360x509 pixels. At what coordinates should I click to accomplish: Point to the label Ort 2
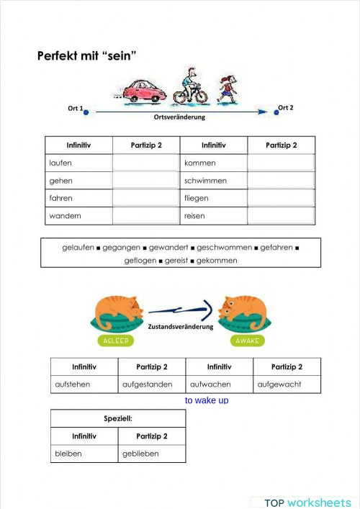point(286,108)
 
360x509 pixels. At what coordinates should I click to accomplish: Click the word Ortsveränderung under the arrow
point(179,117)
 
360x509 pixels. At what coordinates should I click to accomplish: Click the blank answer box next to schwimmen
point(281,181)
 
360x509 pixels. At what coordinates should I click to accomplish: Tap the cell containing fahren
point(78,198)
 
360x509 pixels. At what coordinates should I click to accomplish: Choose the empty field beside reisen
point(281,215)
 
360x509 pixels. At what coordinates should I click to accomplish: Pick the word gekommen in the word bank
point(217,260)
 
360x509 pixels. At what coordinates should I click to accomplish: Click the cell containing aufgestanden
point(151,384)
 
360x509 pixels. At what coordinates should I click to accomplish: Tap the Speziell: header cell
point(117,418)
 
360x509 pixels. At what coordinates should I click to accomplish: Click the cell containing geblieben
point(151,454)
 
